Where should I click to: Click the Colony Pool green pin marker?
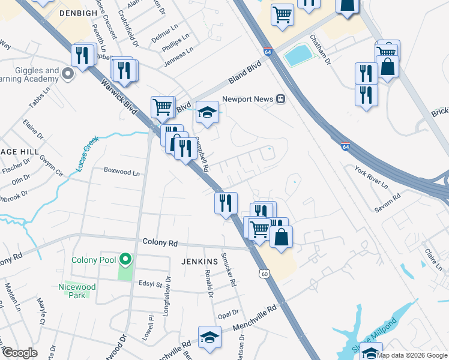click(125, 260)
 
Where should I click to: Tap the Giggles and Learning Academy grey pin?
click(67, 74)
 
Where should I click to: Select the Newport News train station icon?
click(280, 99)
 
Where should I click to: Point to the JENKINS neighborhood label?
click(199, 262)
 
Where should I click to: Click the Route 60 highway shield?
click(264, 274)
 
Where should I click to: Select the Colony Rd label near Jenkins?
click(160, 243)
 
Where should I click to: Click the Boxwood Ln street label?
click(121, 172)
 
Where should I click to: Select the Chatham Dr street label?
click(320, 48)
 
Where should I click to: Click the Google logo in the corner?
click(20, 353)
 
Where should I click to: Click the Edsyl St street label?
click(151, 284)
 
